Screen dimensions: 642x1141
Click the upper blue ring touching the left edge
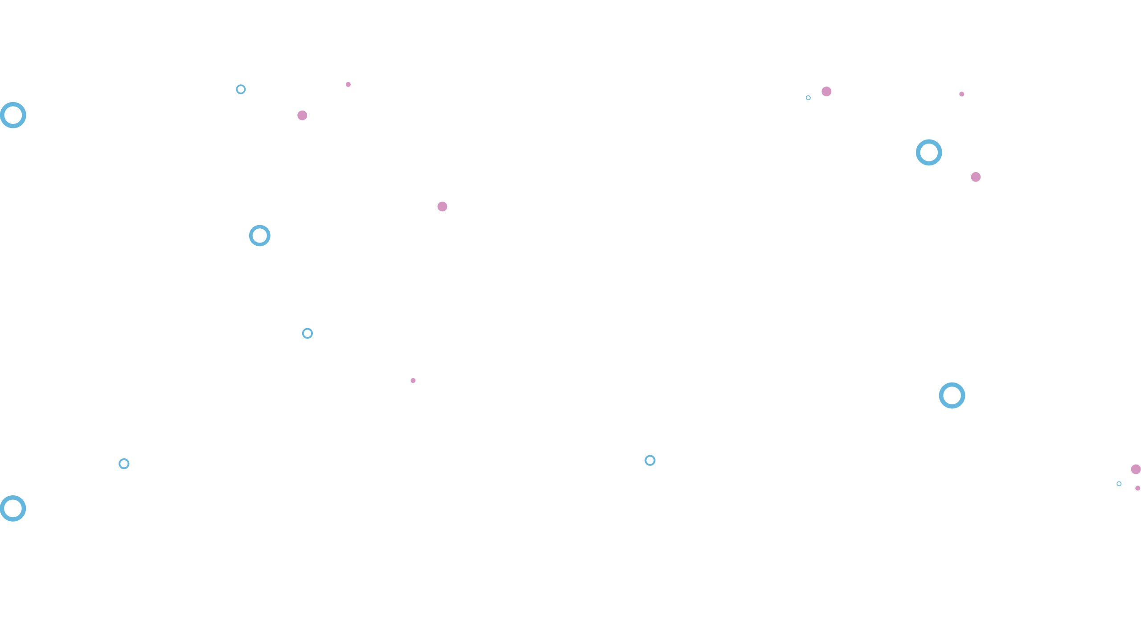13,115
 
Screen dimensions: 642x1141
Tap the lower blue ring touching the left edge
13,508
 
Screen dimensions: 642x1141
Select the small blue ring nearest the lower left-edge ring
124,464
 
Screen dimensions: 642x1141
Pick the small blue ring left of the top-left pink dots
241,89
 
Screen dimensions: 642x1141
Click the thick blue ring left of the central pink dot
259,235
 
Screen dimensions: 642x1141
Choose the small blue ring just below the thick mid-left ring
307,333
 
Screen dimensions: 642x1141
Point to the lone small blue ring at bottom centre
650,460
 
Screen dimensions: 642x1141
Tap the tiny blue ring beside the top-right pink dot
808,98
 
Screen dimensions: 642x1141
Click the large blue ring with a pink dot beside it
929,152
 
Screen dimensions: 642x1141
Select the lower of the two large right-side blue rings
952,395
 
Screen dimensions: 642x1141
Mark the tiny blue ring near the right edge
1119,484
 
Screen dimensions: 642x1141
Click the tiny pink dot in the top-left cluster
348,84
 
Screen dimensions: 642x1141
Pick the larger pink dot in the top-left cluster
302,115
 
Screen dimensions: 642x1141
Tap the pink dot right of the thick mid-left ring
442,206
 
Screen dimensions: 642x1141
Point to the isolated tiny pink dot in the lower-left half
413,380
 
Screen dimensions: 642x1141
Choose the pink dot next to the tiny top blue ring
826,91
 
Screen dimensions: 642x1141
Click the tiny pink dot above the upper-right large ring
961,94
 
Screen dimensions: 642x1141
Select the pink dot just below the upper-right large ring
976,177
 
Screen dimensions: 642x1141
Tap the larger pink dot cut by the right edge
1136,469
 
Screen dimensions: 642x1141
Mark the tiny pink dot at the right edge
1138,488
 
